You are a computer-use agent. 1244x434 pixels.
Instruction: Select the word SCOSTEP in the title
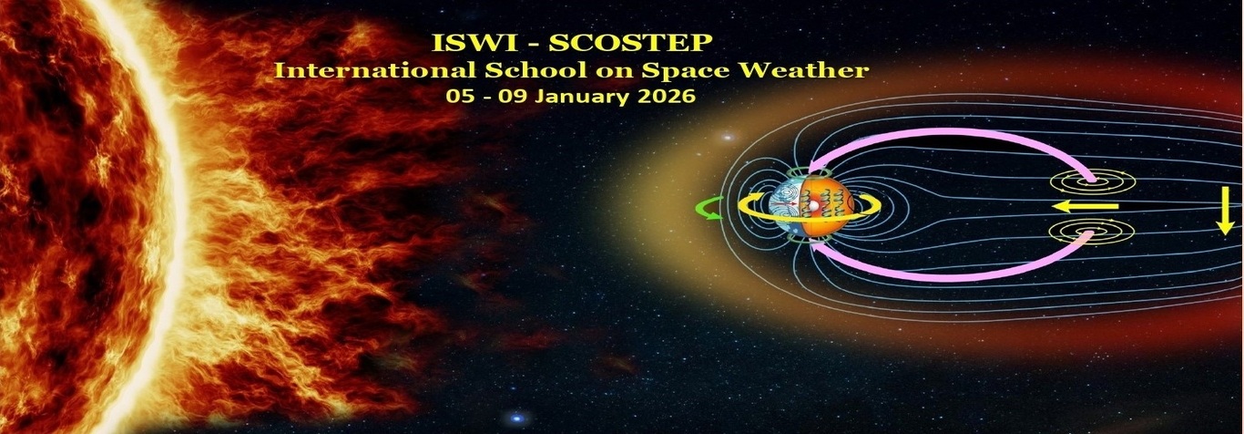click(x=631, y=43)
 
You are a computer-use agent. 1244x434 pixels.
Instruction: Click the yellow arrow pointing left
click(x=1085, y=206)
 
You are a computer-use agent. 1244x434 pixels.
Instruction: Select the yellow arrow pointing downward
click(x=1224, y=218)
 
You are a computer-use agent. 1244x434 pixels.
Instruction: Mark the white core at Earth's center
click(x=812, y=206)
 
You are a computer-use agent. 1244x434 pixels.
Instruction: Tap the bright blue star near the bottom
click(x=517, y=418)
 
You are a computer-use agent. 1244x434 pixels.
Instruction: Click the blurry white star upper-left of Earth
click(x=728, y=136)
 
